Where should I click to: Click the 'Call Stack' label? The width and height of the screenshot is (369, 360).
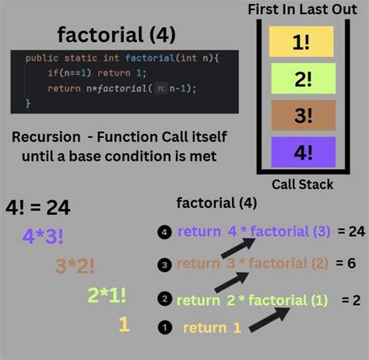(x=303, y=185)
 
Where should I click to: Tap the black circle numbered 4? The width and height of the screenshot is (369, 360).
(x=163, y=231)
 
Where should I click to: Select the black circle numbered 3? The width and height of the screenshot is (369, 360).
(x=163, y=265)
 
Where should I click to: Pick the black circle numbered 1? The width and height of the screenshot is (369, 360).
(x=163, y=328)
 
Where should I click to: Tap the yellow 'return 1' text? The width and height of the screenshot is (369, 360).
(x=212, y=328)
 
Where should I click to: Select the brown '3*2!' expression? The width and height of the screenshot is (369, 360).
(x=75, y=266)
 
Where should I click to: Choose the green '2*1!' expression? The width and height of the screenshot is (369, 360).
(x=107, y=295)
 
